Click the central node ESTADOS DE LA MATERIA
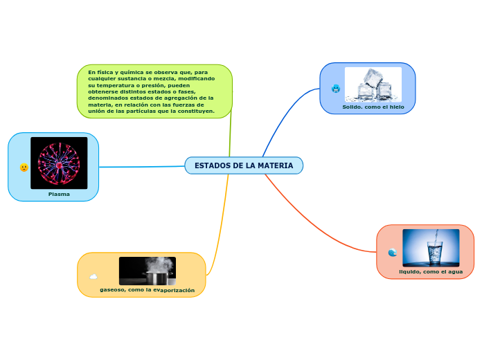pos(244,166)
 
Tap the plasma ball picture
pos(59,163)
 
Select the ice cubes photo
pos(373,84)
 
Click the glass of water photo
pos(431,248)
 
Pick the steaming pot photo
pos(148,271)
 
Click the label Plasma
pos(59,194)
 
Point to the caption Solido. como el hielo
pos(373,107)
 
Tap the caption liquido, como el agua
pos(431,271)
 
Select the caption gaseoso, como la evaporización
pos(148,289)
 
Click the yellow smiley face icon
pos(24,168)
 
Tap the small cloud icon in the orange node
pos(93,277)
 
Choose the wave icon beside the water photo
pos(393,253)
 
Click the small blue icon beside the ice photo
pos(336,89)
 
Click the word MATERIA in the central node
pos(275,166)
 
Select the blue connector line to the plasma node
pos(142,167)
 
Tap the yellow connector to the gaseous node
pos(222,222)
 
